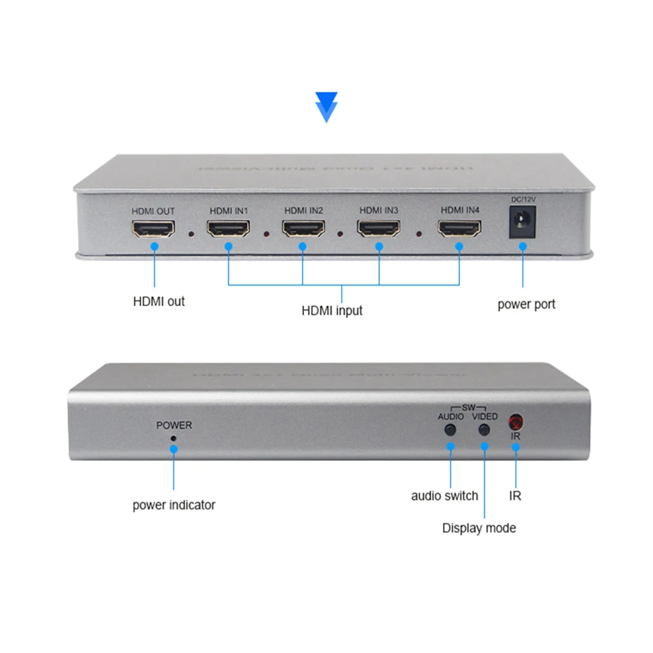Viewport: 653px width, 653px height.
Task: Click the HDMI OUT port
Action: click(x=152, y=230)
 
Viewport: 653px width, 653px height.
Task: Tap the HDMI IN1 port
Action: click(x=227, y=230)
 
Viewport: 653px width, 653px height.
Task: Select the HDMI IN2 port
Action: click(x=303, y=230)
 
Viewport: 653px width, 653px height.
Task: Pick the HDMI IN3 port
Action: click(x=378, y=230)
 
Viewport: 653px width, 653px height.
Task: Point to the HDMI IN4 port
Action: click(x=460, y=230)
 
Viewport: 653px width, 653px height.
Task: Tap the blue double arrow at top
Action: click(x=326, y=107)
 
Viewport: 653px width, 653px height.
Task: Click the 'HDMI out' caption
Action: click(x=159, y=302)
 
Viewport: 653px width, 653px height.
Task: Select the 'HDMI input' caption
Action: click(x=332, y=310)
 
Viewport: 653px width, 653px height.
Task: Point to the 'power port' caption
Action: click(x=526, y=304)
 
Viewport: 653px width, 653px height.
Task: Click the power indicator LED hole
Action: click(x=173, y=439)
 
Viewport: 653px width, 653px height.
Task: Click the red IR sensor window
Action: click(x=516, y=423)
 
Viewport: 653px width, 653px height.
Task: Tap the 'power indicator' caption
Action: click(x=173, y=505)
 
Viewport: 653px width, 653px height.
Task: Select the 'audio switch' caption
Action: click(x=444, y=496)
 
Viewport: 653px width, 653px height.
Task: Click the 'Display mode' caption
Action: click(x=479, y=528)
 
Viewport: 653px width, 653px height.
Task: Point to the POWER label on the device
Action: click(x=173, y=425)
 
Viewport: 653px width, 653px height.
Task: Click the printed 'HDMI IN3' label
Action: click(x=378, y=210)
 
